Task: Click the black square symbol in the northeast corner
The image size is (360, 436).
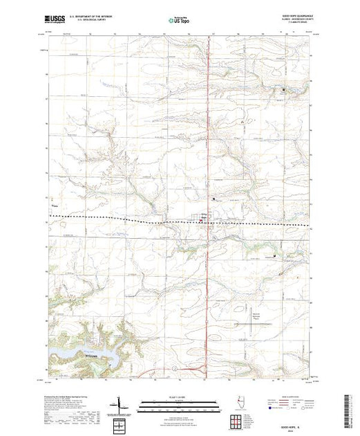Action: point(283,90)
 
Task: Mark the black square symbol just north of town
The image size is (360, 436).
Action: point(214,199)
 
